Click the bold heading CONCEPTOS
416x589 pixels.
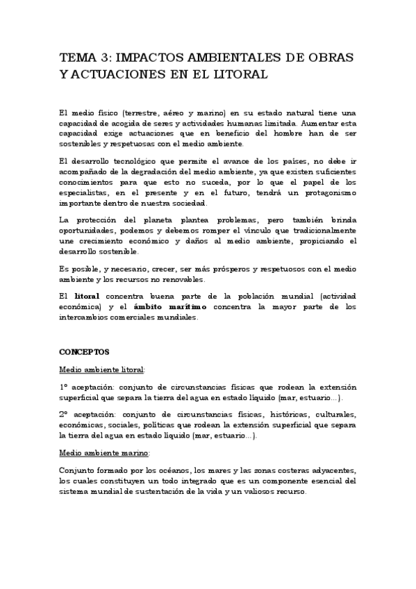pos(84,352)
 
